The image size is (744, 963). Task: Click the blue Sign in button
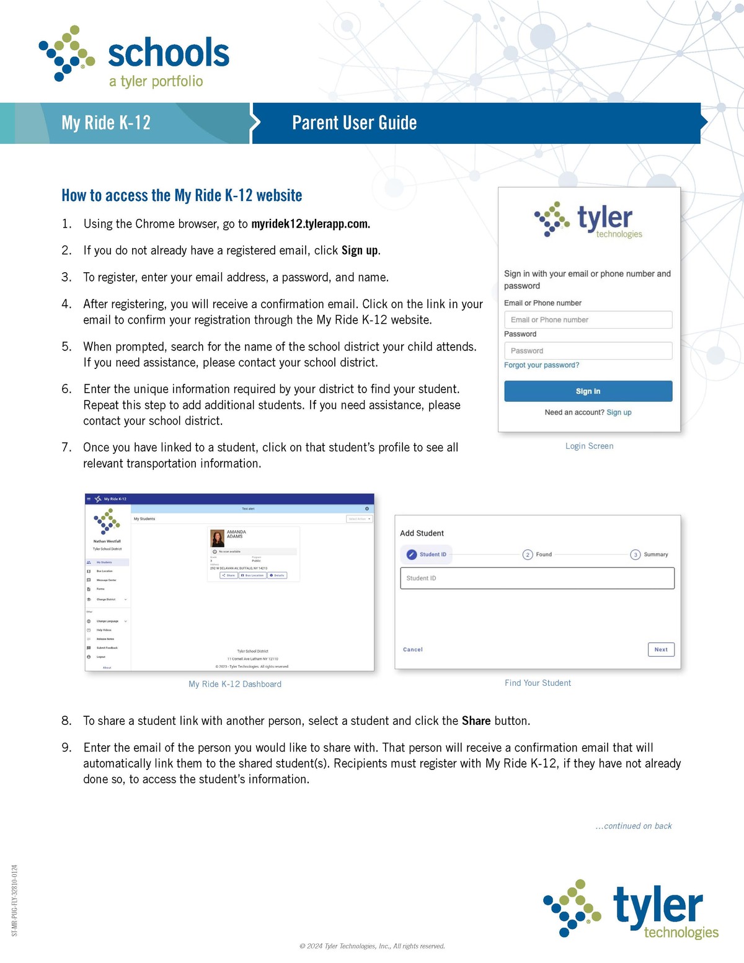(x=588, y=391)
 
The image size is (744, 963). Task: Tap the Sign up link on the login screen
(x=619, y=412)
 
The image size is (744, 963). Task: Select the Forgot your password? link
(x=541, y=365)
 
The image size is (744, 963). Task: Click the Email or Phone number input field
(x=588, y=320)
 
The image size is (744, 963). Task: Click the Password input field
(x=588, y=351)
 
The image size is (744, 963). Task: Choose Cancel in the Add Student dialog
(x=412, y=650)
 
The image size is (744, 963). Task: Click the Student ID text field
(x=537, y=579)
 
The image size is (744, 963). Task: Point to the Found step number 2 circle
(x=528, y=554)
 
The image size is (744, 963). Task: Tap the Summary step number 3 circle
(x=635, y=554)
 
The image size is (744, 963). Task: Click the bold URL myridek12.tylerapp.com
(x=310, y=224)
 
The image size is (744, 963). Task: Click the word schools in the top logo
(x=169, y=53)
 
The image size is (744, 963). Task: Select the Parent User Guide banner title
(x=354, y=123)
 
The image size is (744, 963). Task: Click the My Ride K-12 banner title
(x=106, y=123)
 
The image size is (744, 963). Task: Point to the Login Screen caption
(x=589, y=446)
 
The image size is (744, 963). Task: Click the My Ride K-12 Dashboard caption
(x=235, y=684)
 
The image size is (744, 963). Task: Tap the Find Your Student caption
(x=538, y=683)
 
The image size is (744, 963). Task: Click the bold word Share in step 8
(x=476, y=721)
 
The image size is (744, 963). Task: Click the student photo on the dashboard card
(x=218, y=538)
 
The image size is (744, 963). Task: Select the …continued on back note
(x=634, y=826)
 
